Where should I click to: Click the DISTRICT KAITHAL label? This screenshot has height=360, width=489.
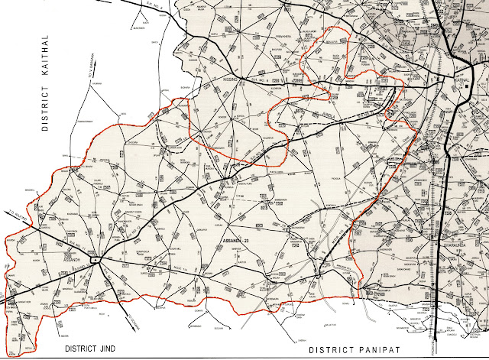tap(46, 83)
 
